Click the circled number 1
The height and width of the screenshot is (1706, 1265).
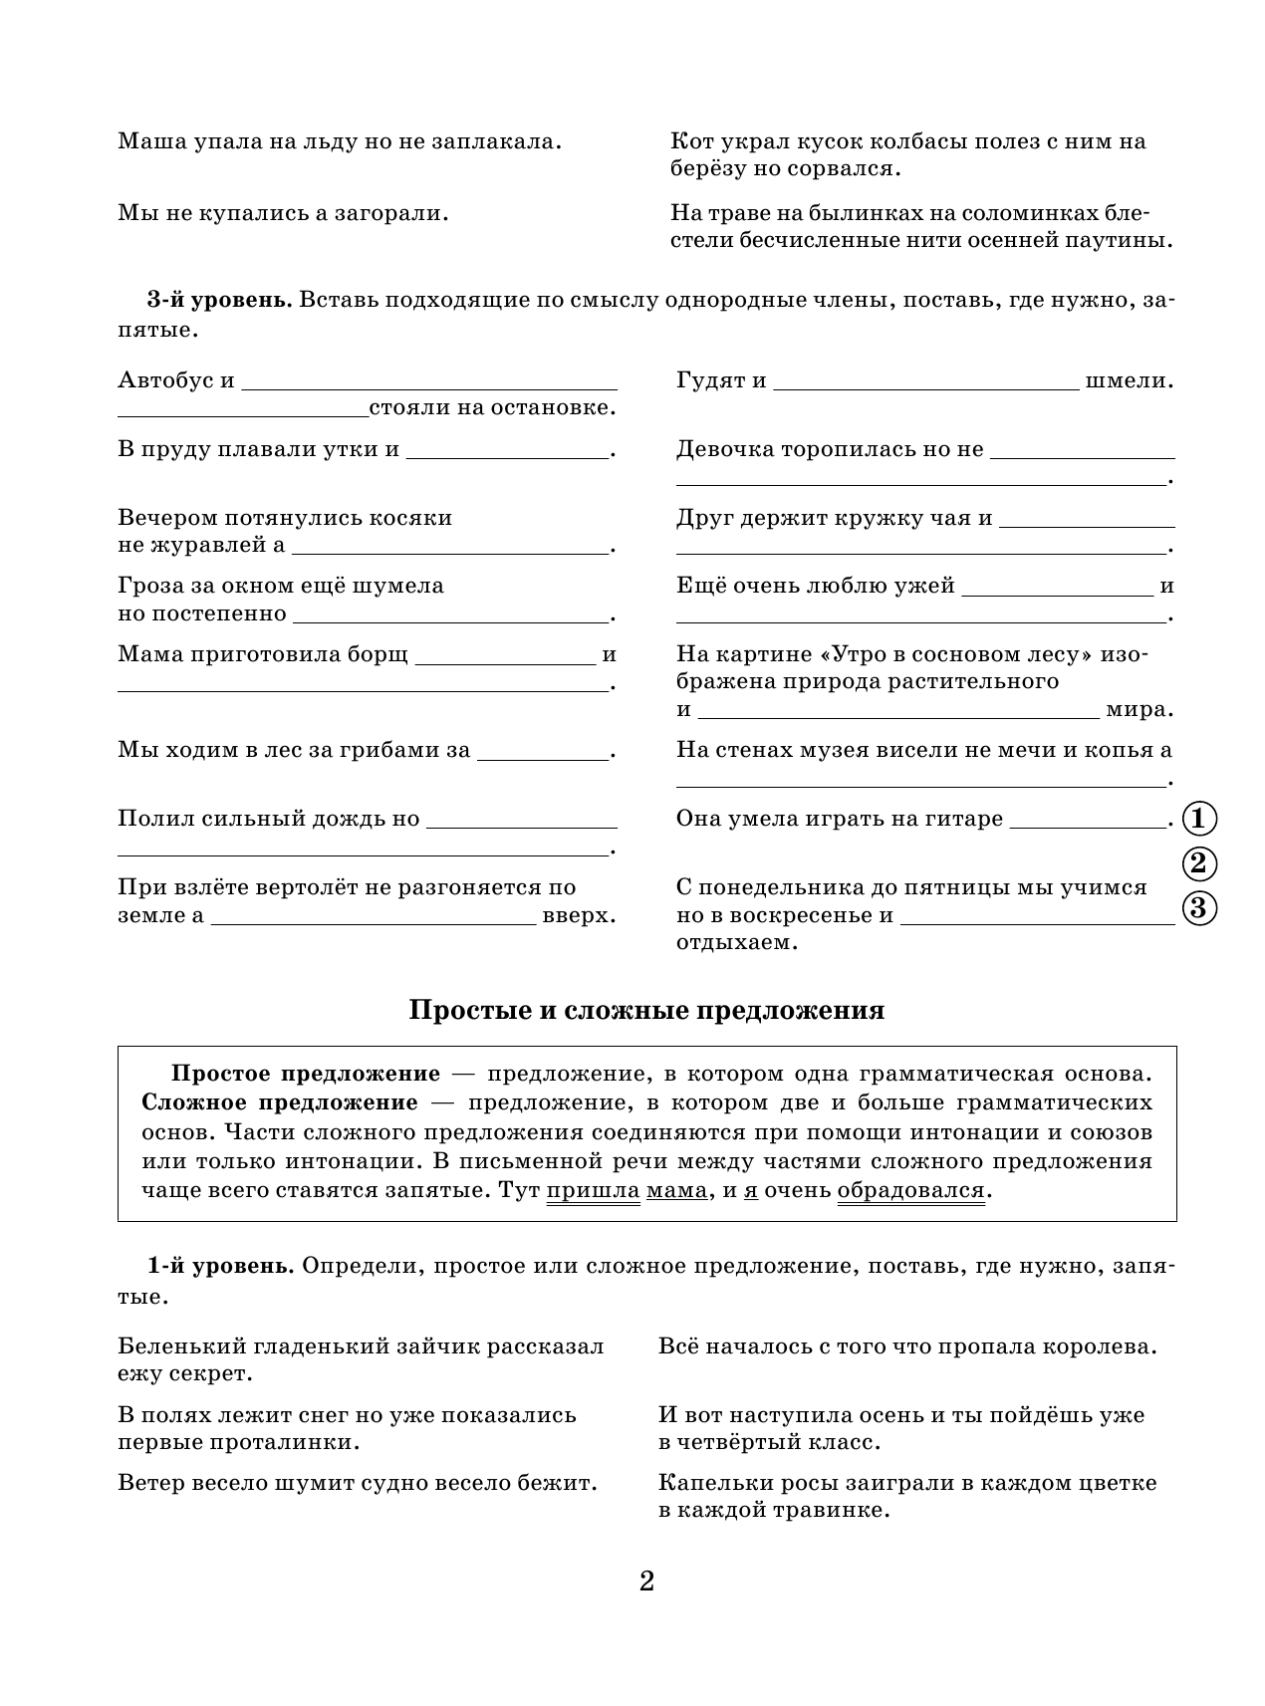tap(1199, 819)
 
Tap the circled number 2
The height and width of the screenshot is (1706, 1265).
tap(1199, 863)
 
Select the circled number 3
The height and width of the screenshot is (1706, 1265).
tap(1199, 907)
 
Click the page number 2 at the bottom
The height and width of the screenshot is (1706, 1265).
tap(646, 1581)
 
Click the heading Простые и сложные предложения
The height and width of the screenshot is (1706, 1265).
tap(646, 1011)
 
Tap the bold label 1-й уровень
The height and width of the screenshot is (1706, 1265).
tap(219, 1266)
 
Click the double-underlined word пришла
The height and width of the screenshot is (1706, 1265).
tap(593, 1190)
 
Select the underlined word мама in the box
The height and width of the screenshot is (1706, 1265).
tap(676, 1190)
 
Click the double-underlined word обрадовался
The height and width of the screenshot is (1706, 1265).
tap(910, 1190)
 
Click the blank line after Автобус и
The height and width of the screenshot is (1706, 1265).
tap(429, 384)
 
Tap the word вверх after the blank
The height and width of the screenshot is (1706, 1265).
tap(579, 915)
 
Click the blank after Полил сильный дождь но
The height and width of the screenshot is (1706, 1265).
tap(521, 824)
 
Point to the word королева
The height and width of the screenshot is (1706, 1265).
tap(1099, 1347)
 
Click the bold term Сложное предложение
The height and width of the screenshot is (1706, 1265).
tap(280, 1102)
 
